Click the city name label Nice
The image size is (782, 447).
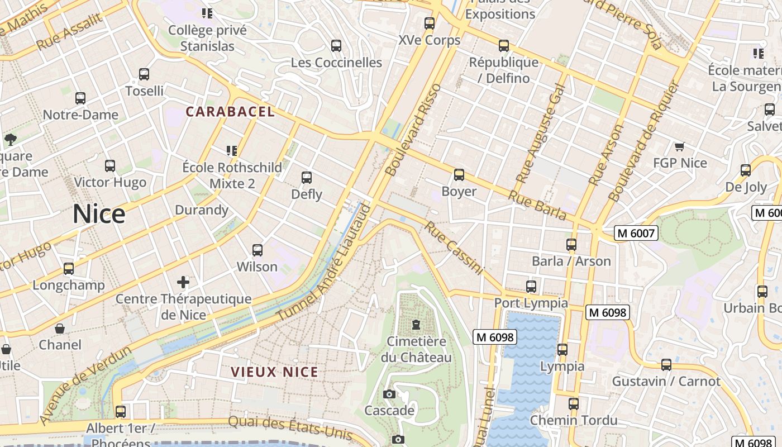[99, 215]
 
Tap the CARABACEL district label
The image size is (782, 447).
[230, 112]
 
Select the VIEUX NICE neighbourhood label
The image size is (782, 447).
[274, 372]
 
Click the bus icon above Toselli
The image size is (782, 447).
[144, 74]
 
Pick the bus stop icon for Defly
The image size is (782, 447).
[307, 178]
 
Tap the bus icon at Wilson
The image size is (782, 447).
[258, 250]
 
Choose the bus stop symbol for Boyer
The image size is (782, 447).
[459, 175]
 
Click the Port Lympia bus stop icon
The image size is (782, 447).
[531, 287]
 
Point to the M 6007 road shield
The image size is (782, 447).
[636, 233]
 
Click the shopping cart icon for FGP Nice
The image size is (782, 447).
[680, 147]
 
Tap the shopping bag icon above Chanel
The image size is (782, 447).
[60, 329]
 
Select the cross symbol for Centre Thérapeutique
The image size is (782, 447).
[183, 282]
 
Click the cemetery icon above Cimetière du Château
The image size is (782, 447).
[416, 325]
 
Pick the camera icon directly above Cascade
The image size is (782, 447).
[389, 394]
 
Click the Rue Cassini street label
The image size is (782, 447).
[453, 248]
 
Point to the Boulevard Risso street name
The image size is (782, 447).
[414, 130]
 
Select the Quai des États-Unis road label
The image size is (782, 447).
[290, 428]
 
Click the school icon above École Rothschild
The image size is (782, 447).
[232, 150]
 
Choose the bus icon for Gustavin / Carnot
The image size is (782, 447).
[666, 365]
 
